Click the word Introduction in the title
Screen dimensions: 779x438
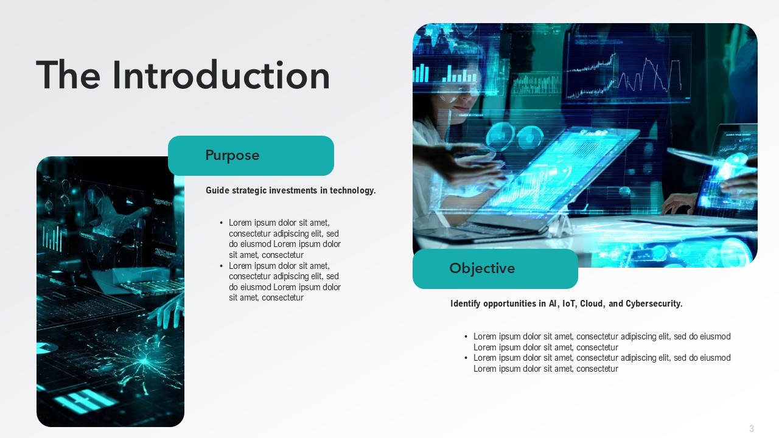221,75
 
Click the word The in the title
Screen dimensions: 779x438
68,75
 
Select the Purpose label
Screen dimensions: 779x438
232,155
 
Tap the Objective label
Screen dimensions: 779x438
482,268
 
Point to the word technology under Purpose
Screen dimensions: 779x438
352,190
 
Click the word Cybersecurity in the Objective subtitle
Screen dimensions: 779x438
654,304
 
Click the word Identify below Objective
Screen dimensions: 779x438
466,304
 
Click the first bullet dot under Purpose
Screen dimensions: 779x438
221,223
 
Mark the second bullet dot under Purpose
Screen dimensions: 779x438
221,266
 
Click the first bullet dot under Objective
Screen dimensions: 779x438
466,336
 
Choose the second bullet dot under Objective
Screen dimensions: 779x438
466,358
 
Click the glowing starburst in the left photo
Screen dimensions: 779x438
143,361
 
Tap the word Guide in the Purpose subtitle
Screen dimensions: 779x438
217,190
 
